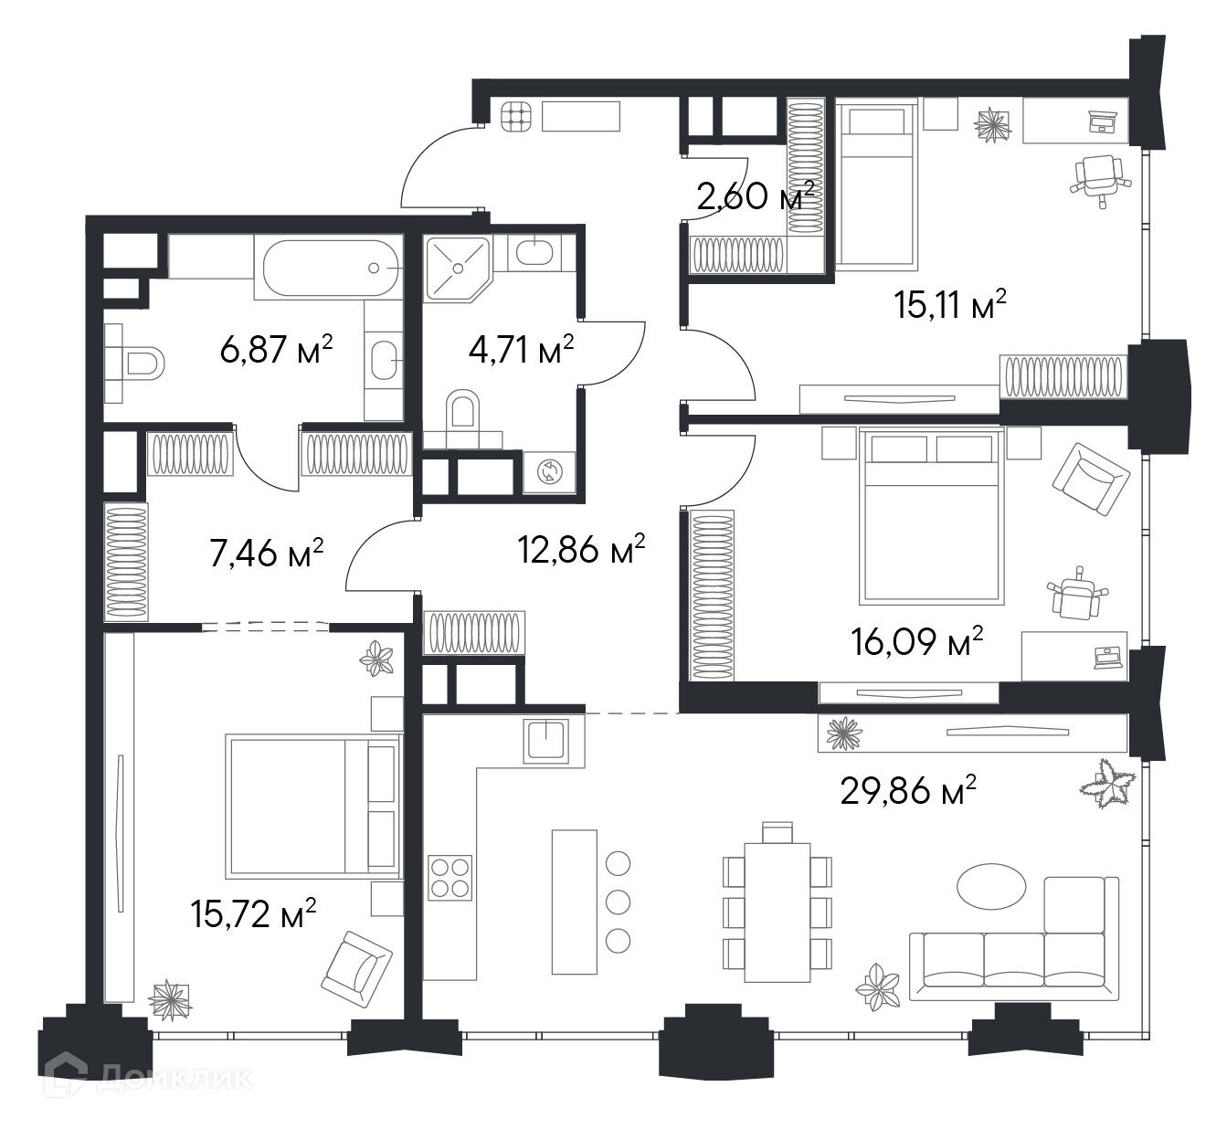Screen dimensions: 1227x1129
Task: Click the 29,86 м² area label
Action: (x=908, y=791)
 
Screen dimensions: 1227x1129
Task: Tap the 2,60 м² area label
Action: (x=756, y=195)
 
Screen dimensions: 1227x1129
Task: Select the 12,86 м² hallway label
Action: (x=581, y=549)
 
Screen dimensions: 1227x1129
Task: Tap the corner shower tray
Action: (x=458, y=269)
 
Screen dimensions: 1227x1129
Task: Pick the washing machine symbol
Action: (x=549, y=471)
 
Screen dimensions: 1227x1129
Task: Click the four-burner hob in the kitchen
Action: (x=450, y=878)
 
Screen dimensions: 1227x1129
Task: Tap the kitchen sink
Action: (x=545, y=740)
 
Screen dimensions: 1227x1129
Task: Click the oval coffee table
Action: (x=991, y=886)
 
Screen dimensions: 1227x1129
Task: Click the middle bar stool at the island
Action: (x=618, y=902)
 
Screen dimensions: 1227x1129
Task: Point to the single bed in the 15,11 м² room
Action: (x=876, y=186)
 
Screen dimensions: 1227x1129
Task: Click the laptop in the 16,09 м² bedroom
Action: (x=1107, y=656)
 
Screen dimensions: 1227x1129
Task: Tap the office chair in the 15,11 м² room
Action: (x=1100, y=178)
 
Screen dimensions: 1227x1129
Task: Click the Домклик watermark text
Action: (x=175, y=1093)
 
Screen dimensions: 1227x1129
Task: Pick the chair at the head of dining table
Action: (x=777, y=832)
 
